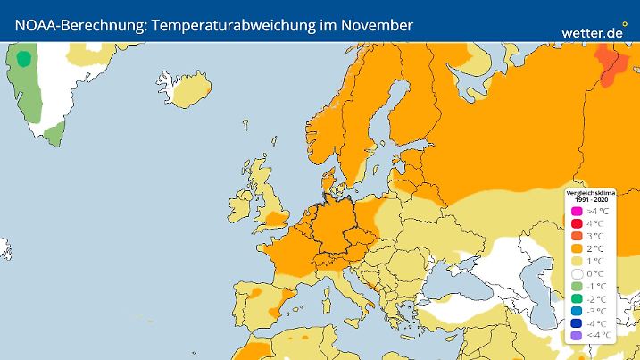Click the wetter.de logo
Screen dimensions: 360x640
[592, 31]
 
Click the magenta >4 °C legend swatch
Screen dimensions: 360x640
[578, 210]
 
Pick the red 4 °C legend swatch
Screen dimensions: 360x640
[578, 222]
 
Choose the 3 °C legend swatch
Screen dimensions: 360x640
[578, 235]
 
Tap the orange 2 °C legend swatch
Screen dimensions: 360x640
[578, 247]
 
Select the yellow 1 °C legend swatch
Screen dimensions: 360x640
[578, 260]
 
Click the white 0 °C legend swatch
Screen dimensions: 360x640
[578, 272]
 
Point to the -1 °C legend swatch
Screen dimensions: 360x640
[578, 285]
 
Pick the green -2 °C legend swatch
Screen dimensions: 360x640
[578, 297]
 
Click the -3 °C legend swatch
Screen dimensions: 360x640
[578, 310]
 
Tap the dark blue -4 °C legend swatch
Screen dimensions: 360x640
[578, 322]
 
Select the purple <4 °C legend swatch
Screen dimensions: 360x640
[578, 335]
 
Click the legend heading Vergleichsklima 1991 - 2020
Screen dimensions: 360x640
[590, 195]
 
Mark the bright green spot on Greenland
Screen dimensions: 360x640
[24, 59]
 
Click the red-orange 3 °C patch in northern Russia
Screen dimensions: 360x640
[610, 68]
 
